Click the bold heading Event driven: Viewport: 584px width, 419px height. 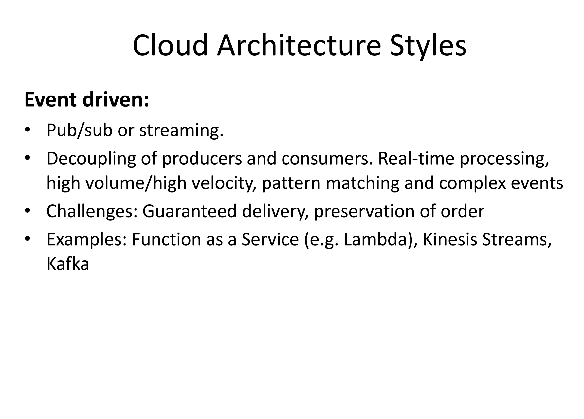click(x=87, y=100)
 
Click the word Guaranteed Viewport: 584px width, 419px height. click(x=189, y=211)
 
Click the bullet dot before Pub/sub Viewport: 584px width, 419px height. click(x=27, y=131)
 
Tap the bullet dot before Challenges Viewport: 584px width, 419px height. click(x=27, y=212)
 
